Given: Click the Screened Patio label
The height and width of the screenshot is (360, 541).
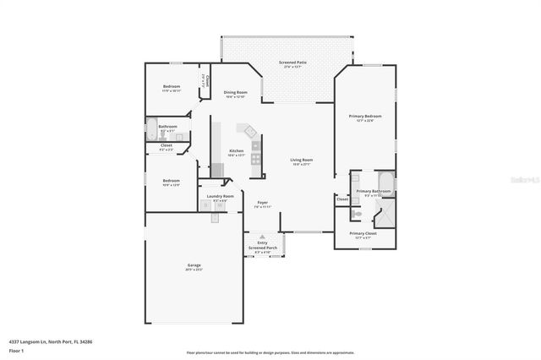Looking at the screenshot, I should pyautogui.click(x=292, y=63).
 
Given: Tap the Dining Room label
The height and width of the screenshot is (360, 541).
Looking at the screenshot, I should pyautogui.click(x=235, y=93).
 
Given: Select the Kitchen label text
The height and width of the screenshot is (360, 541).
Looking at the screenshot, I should pyautogui.click(x=236, y=152).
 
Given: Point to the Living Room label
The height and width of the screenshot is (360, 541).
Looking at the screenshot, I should pyautogui.click(x=302, y=161).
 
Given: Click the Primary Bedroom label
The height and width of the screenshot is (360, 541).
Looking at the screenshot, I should pyautogui.click(x=365, y=117).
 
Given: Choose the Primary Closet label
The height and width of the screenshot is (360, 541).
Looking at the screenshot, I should pyautogui.click(x=364, y=234).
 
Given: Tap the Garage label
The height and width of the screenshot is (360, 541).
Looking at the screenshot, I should pyautogui.click(x=194, y=266).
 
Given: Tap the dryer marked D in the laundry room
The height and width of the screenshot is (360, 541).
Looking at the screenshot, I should pyautogui.click(x=205, y=205).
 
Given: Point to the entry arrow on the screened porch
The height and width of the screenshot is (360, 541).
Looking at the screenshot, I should pyautogui.click(x=263, y=238).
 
